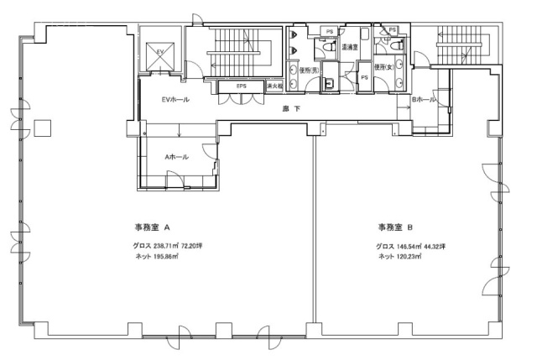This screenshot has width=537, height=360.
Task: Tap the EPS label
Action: point(241,86)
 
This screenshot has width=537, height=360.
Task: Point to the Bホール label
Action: point(423,100)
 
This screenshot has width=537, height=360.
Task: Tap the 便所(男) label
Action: point(309,70)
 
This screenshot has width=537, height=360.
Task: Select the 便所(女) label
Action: point(385,67)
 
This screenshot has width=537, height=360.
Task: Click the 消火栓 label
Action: point(274,86)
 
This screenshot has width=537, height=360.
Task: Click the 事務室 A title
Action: point(153,227)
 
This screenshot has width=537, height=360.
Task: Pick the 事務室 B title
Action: point(395,227)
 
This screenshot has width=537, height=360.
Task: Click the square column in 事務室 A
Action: point(43,127)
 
